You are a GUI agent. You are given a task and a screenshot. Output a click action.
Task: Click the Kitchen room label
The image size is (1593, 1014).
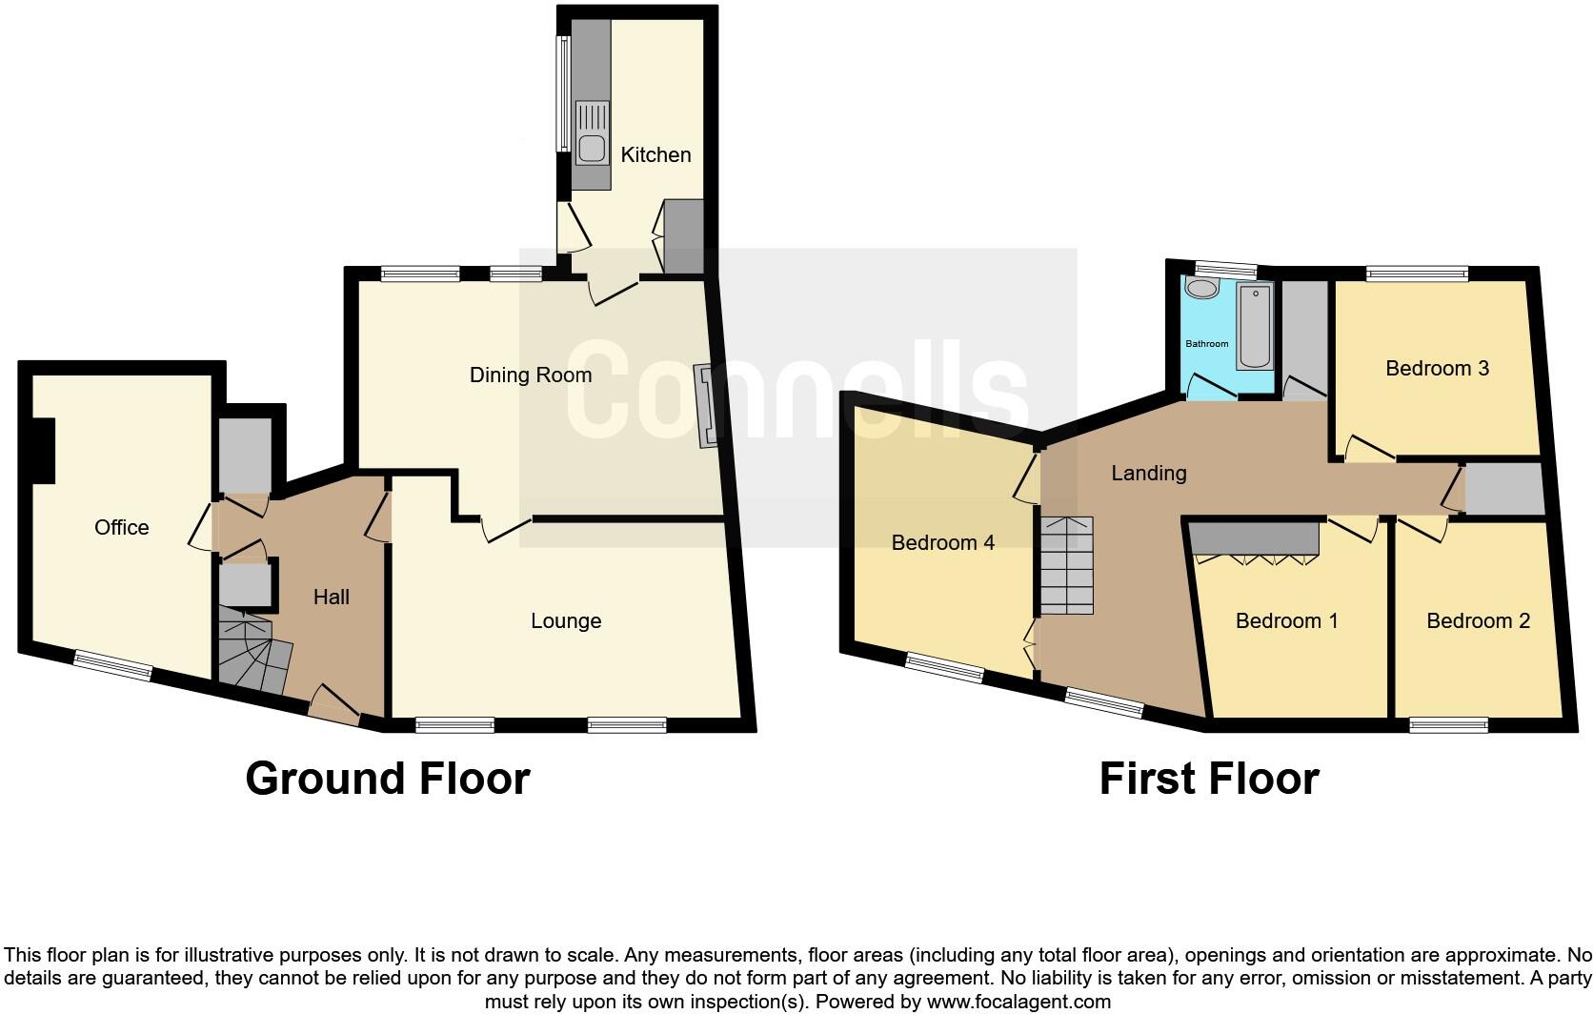(655, 154)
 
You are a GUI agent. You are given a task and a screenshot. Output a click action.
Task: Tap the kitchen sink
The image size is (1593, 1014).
(592, 148)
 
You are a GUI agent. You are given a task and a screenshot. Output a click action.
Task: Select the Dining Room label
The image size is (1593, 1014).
(531, 375)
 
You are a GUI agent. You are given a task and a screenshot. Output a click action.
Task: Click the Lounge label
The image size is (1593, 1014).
(566, 621)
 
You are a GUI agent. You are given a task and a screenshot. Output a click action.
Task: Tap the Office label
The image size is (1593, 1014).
(122, 527)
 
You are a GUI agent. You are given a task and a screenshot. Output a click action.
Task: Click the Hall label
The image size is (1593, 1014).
(332, 598)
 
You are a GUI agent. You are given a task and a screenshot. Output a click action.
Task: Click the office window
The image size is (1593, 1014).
(113, 665)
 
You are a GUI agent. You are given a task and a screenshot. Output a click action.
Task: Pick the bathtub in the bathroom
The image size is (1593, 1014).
(1254, 327)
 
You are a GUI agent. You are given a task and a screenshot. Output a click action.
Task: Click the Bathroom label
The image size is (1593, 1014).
(1206, 343)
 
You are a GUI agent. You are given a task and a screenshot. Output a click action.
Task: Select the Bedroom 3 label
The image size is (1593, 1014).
(1437, 369)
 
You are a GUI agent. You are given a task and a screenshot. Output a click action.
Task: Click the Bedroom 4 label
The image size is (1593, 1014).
(942, 543)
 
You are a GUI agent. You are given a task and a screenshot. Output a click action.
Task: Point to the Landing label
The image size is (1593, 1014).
(1149, 473)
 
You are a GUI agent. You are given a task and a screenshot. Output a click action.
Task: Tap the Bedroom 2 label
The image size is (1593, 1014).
(1478, 621)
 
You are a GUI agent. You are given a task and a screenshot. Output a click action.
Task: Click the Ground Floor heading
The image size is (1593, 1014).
(387, 779)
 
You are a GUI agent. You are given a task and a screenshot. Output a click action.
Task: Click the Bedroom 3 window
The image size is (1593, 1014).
(1417, 274)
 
